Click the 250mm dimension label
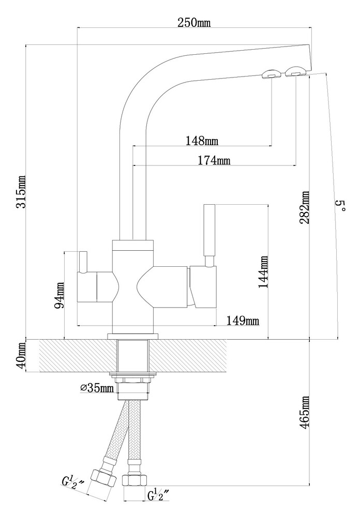(194, 23)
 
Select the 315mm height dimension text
(21, 192)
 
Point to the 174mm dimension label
(214, 161)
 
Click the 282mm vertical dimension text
(305, 207)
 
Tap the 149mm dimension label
(243, 321)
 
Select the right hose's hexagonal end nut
(132, 479)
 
